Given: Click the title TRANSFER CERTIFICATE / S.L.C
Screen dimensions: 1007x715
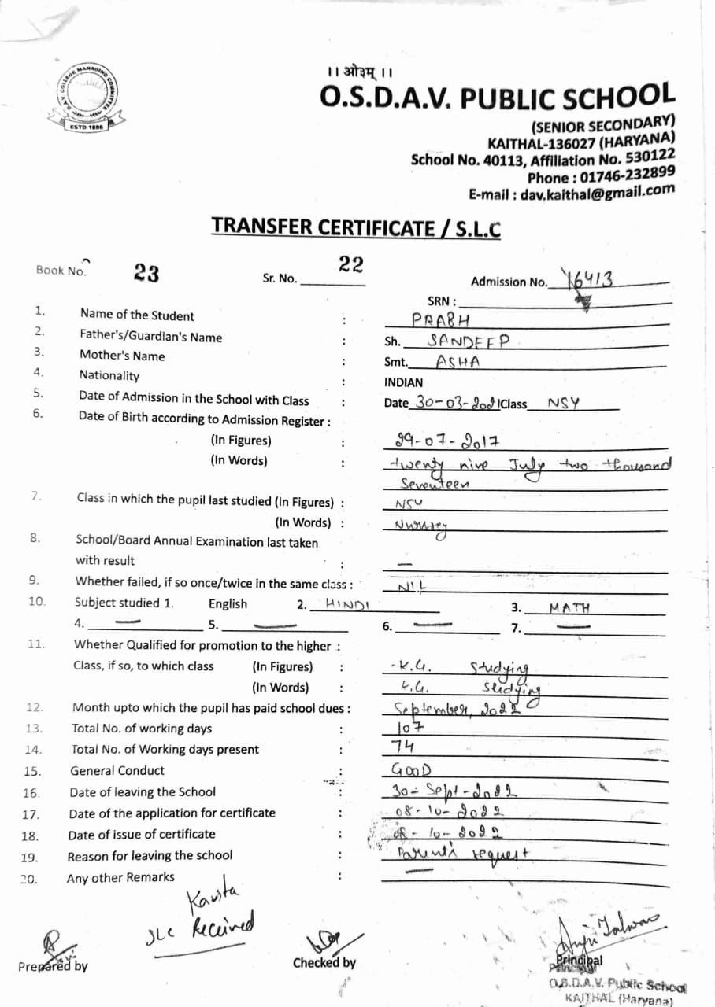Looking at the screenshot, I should coord(356,227).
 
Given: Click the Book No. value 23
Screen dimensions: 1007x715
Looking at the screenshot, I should coord(146,273).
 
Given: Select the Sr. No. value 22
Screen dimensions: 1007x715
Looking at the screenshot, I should coord(350,264).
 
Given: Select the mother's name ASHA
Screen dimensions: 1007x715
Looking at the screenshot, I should coord(458,362).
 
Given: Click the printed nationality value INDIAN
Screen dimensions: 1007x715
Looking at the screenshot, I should coord(403,382).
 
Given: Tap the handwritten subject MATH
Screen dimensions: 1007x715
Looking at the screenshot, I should coord(569,607).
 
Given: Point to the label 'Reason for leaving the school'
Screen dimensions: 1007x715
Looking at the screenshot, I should coord(150,855).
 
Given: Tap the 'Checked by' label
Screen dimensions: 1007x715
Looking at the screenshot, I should coord(324,962).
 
